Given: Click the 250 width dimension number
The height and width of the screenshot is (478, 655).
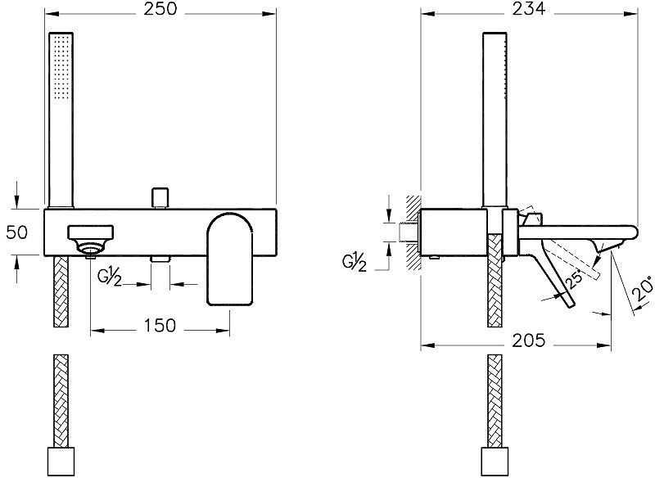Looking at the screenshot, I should tap(160, 11).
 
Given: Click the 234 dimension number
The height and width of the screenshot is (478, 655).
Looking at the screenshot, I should tap(529, 11).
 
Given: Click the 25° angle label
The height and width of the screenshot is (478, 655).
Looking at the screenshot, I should tap(575, 278).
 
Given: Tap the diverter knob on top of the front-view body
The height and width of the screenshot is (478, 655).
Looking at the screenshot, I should tap(160, 198).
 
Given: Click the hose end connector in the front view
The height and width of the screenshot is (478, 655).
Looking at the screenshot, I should tap(61, 460).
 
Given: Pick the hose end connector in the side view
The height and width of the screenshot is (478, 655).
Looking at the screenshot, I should tap(496, 460).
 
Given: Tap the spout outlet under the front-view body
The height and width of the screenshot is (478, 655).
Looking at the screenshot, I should tap(160, 259).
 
